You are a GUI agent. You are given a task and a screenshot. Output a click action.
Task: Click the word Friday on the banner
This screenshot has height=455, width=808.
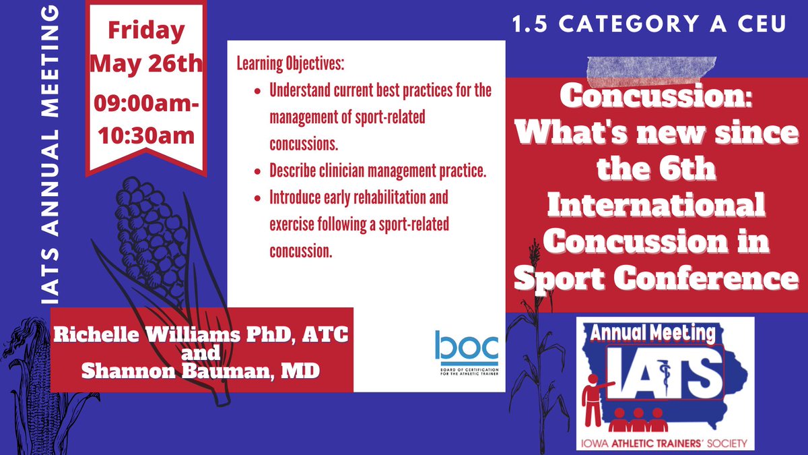145,31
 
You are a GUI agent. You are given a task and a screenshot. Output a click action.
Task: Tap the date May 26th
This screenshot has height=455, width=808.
145,65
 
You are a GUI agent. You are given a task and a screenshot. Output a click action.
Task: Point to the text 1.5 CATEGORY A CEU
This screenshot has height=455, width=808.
648,26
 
